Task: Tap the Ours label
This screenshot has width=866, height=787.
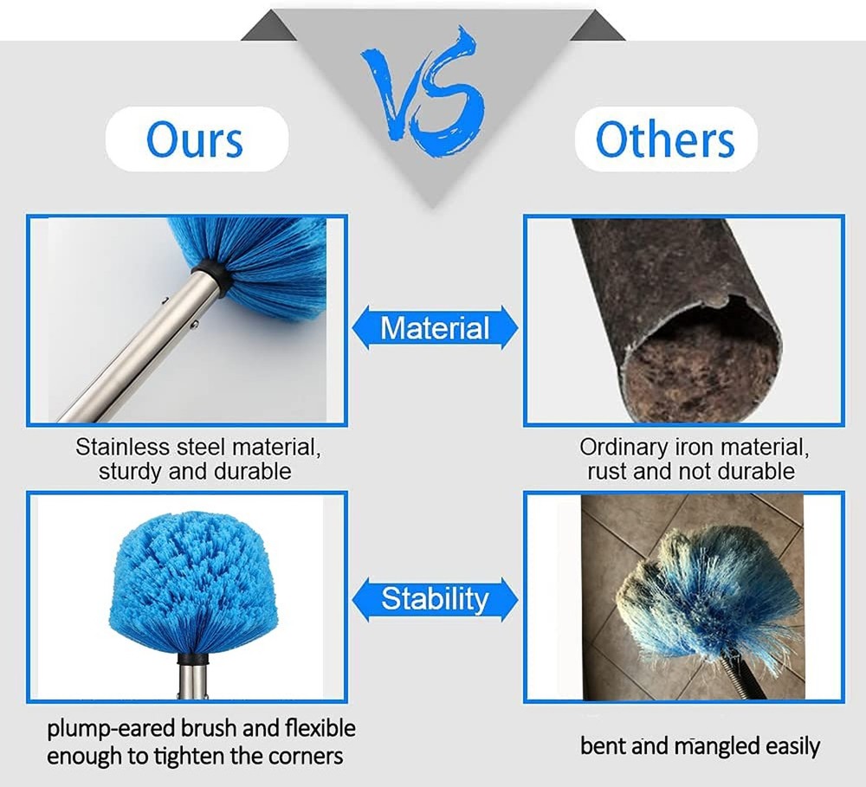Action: tap(196, 139)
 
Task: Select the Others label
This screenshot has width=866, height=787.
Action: tap(665, 139)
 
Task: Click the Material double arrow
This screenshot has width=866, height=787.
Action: tap(436, 327)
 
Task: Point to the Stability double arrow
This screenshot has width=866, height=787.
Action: tap(436, 599)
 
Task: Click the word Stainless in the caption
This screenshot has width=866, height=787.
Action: tap(122, 448)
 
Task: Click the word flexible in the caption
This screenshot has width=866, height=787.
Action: tap(320, 729)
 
